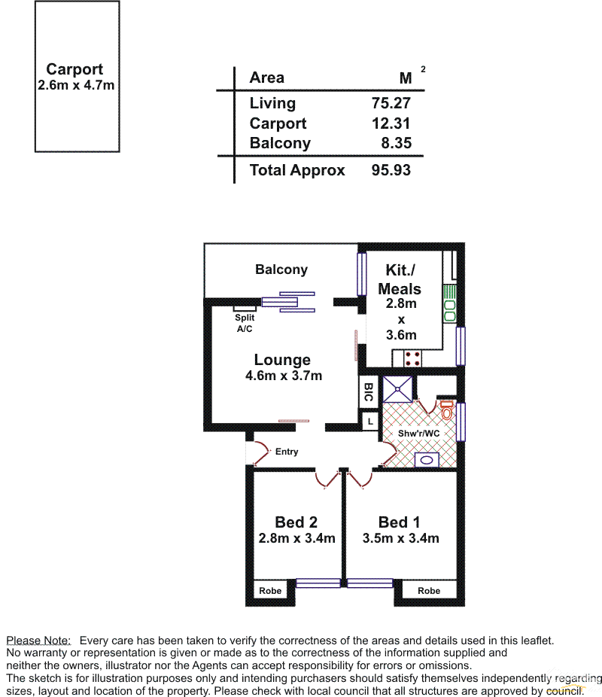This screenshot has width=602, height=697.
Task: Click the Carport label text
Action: pos(74,69)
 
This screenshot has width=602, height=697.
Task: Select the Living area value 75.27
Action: pos(391,103)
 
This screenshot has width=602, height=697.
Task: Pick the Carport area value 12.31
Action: pos(391,123)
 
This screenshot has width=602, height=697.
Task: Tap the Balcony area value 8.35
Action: pos(397,143)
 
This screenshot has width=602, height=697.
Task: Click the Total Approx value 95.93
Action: pos(391,170)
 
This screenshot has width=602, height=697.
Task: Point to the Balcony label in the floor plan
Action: pos(281,269)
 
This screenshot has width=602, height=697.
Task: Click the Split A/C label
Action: pos(245,323)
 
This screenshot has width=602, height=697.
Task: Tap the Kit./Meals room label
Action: pos(400,279)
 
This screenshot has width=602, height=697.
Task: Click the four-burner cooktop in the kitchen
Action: pos(412,359)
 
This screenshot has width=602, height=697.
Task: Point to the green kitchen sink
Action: pos(449,304)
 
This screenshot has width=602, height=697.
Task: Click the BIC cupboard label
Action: pos(368,391)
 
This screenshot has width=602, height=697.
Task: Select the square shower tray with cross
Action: pos(397,389)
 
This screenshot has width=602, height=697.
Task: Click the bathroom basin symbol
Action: pos(427,460)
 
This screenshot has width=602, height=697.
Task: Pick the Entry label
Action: pos(287,452)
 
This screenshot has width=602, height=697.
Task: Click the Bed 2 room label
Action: pos(296,522)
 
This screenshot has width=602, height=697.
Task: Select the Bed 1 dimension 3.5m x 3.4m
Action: pos(401,538)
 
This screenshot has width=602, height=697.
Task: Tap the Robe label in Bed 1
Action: pos(429,591)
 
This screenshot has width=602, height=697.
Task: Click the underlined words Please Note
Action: pos(38,641)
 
